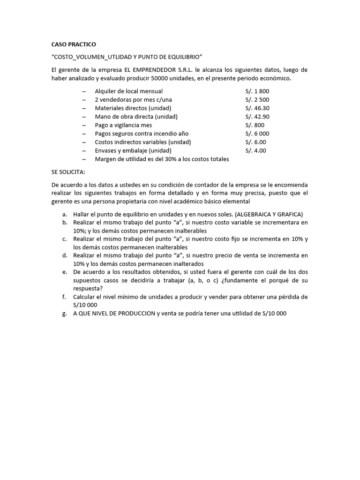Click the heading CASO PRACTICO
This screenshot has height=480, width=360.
73,45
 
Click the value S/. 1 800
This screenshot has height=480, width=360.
257,91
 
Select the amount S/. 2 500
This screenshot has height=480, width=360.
257,99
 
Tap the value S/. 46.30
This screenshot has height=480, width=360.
257,108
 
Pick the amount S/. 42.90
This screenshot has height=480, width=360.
257,116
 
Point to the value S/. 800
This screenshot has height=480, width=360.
255,125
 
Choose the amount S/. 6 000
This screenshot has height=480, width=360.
257,134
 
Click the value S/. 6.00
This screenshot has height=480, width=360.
255,142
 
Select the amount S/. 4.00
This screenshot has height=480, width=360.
255,150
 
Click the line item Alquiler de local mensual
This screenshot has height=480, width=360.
129,91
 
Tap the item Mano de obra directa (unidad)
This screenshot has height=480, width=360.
136,116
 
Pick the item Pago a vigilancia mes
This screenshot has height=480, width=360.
123,125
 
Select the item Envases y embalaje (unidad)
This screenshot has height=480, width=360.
133,150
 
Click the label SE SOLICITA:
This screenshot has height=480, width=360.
68,172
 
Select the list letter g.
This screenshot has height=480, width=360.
64,314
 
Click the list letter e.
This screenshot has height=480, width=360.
64,271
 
